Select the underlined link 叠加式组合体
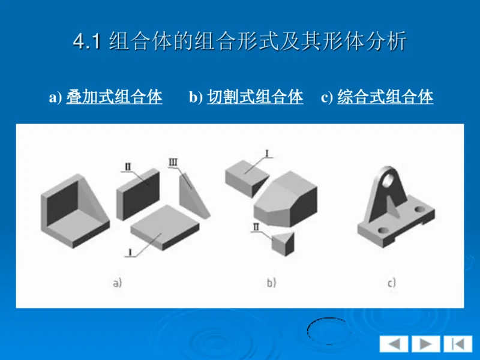click(x=114, y=97)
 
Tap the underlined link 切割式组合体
click(x=255, y=97)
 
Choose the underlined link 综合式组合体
click(x=385, y=97)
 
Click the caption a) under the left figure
click(x=117, y=283)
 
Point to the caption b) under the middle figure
click(x=271, y=283)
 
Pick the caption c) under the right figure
click(x=391, y=283)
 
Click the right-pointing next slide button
click(x=425, y=344)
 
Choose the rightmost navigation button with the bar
click(x=457, y=344)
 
